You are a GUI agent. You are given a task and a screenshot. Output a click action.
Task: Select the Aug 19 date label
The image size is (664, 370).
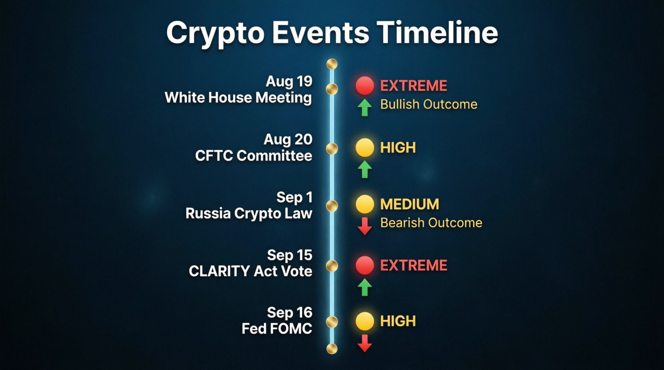pyautogui.click(x=289, y=81)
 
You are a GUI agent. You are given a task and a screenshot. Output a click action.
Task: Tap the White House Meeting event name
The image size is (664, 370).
pyautogui.click(x=238, y=97)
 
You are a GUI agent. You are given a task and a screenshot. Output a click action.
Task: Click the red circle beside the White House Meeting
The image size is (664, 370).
pyautogui.click(x=365, y=86)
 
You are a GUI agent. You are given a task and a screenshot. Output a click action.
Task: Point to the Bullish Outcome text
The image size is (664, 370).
pyautogui.click(x=429, y=104)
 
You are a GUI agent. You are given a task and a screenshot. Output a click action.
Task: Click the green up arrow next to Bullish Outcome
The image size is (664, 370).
pyautogui.click(x=365, y=108)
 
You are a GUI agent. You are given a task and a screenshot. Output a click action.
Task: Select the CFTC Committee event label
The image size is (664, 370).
pyautogui.click(x=253, y=156)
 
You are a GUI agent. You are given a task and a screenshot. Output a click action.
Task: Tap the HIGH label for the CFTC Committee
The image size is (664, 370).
pyautogui.click(x=398, y=148)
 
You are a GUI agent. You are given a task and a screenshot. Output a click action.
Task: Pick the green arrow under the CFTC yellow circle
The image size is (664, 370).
pyautogui.click(x=365, y=169)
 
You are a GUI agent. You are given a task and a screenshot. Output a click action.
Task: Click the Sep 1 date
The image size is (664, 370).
pyautogui.click(x=294, y=197)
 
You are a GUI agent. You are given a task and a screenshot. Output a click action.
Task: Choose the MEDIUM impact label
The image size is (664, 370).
pyautogui.click(x=409, y=204)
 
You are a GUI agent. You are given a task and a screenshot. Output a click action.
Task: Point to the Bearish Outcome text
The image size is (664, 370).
pyautogui.click(x=431, y=223)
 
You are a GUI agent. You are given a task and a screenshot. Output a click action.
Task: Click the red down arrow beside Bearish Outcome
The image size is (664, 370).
pyautogui.click(x=365, y=226)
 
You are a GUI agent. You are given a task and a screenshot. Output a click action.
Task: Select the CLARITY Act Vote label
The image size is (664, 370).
pyautogui.click(x=251, y=272)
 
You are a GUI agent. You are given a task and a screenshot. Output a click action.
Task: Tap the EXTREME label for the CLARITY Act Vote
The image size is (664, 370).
pyautogui.click(x=413, y=265)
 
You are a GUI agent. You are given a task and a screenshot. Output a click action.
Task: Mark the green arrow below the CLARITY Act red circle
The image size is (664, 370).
pyautogui.click(x=365, y=287)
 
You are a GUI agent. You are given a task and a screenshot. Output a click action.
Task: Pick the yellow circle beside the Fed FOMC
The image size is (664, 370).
pyautogui.click(x=365, y=321)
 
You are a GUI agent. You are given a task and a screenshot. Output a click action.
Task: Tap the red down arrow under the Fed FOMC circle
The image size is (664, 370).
pyautogui.click(x=365, y=343)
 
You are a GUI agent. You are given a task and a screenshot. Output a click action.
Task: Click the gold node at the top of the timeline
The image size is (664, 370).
pyautogui.click(x=332, y=64)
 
